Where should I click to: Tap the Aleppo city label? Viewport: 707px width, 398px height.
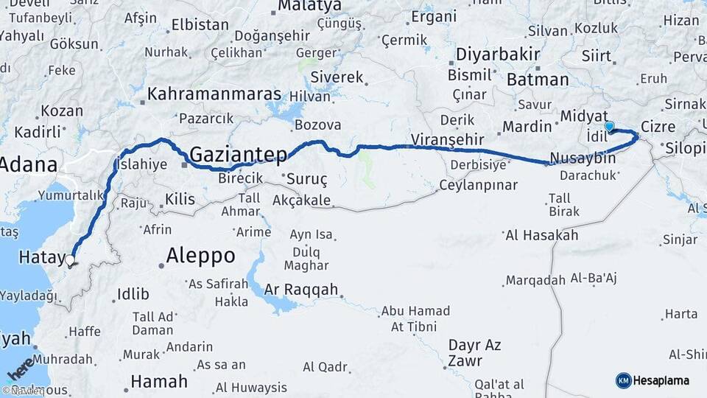tap(200, 256)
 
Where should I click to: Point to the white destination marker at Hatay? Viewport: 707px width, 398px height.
tap(71, 259)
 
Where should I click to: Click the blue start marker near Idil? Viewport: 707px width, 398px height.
tap(609, 128)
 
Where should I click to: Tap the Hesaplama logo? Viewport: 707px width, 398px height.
tap(653, 380)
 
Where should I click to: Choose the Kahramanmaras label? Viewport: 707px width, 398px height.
tap(214, 94)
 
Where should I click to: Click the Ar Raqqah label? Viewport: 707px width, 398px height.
tap(300, 288)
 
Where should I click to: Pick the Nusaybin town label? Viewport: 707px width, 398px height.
tap(583, 158)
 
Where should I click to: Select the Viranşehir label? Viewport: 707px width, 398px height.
tap(447, 139)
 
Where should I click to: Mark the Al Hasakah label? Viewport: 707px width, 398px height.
tap(541, 236)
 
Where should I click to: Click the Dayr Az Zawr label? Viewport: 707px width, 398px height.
tap(474, 353)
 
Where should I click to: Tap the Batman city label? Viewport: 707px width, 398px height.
tap(538, 80)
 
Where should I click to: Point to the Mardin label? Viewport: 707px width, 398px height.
tap(527, 127)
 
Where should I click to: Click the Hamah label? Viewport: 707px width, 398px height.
tap(158, 381)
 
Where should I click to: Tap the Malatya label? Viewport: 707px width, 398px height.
tap(309, 6)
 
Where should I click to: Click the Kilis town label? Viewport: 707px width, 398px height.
tap(180, 198)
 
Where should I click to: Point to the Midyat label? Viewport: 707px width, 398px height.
tap(584, 116)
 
